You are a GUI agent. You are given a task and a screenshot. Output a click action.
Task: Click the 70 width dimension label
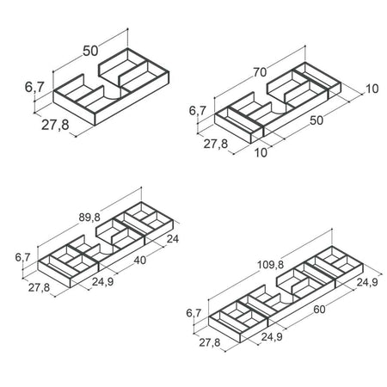click(x=260, y=72)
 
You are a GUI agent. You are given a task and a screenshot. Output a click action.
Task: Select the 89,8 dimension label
click(x=89, y=218)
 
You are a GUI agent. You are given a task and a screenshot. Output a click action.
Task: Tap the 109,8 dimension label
click(x=270, y=265)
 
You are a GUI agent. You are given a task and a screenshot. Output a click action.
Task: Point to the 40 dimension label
click(x=140, y=261)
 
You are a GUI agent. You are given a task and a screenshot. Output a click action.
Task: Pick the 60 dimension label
click(x=319, y=310)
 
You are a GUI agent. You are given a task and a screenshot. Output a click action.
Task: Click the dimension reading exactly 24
click(x=173, y=238)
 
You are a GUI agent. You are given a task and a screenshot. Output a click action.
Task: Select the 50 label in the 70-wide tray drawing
click(x=316, y=120)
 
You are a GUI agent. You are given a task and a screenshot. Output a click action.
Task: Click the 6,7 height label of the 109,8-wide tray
click(x=193, y=313)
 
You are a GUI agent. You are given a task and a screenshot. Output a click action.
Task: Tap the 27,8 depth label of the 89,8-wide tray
click(x=39, y=287)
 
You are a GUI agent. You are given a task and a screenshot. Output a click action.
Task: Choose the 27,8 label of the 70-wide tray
click(x=216, y=144)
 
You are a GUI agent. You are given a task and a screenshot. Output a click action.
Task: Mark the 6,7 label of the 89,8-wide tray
click(x=22, y=257)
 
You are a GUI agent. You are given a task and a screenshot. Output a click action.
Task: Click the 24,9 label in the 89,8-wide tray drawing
click(x=103, y=282)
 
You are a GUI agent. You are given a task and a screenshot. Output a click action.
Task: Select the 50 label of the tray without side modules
click(x=90, y=51)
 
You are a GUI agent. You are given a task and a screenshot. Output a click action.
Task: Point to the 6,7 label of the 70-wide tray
click(x=198, y=110)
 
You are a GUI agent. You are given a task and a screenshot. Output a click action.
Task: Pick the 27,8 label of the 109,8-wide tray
click(x=210, y=342)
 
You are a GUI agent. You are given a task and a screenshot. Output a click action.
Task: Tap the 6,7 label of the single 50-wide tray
click(x=34, y=87)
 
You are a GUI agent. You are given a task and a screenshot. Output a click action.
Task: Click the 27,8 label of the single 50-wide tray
click(x=55, y=125)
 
